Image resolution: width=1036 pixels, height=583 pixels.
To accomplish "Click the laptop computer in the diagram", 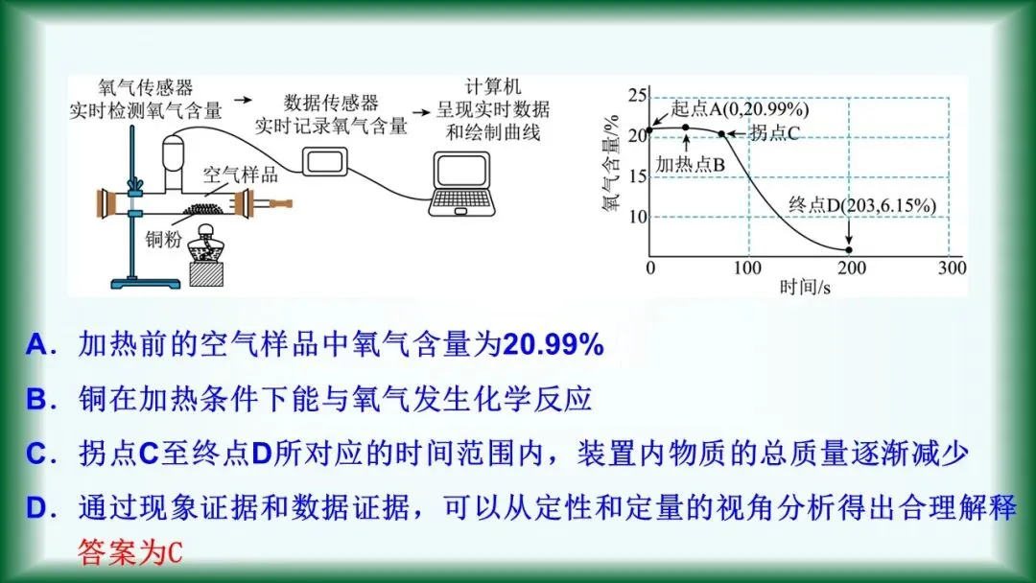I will (x=464, y=186).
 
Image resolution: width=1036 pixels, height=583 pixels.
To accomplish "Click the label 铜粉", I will (x=163, y=239).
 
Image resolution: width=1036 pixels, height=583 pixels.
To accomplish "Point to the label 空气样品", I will (x=240, y=175).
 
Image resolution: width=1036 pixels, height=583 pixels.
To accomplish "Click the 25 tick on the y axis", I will (x=633, y=95).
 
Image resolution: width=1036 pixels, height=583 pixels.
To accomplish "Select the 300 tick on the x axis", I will (x=952, y=268).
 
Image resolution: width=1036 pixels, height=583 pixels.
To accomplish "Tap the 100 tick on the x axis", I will (x=748, y=268).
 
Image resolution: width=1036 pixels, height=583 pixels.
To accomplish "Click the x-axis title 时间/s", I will (x=805, y=287).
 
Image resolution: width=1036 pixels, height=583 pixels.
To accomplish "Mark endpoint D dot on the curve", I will (x=849, y=249).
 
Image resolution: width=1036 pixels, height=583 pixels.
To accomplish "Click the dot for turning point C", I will (x=722, y=133).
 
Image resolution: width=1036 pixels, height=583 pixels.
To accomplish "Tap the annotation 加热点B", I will (x=689, y=163).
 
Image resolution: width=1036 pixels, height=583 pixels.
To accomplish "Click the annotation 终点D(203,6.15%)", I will (x=861, y=205).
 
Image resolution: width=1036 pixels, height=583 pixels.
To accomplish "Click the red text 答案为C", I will (x=129, y=553).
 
